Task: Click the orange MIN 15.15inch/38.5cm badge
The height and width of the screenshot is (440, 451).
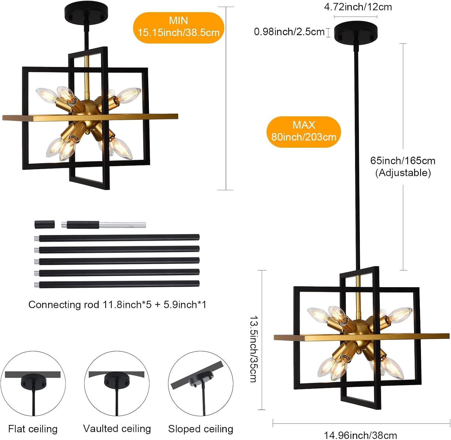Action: click(x=179, y=27)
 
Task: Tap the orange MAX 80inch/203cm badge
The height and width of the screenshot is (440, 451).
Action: click(x=304, y=131)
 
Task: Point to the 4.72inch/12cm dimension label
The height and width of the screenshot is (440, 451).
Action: click(x=358, y=7)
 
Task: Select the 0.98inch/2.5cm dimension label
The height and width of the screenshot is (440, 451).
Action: click(x=289, y=32)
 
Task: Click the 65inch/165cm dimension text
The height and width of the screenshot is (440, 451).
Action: click(x=403, y=161)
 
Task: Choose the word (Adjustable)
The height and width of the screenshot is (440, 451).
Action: click(x=403, y=173)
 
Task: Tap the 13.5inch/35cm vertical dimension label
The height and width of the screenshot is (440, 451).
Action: click(x=253, y=349)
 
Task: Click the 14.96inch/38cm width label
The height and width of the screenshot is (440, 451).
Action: click(x=360, y=435)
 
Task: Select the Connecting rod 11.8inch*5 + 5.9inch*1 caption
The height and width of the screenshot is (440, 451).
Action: click(x=117, y=305)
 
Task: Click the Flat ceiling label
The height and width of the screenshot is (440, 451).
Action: click(x=33, y=429)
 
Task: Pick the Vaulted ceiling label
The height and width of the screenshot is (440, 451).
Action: click(x=117, y=429)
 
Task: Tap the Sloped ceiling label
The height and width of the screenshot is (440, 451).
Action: click(x=201, y=429)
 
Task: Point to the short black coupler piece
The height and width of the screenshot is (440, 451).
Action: click(x=44, y=224)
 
